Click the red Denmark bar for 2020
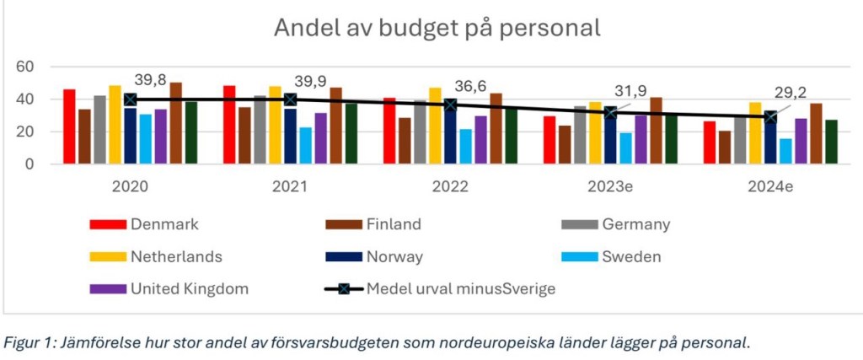point(69,126)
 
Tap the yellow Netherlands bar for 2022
point(435,126)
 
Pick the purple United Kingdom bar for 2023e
point(641,139)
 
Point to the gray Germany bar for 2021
point(260,130)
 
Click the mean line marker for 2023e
point(611,112)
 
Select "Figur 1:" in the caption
point(28,342)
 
